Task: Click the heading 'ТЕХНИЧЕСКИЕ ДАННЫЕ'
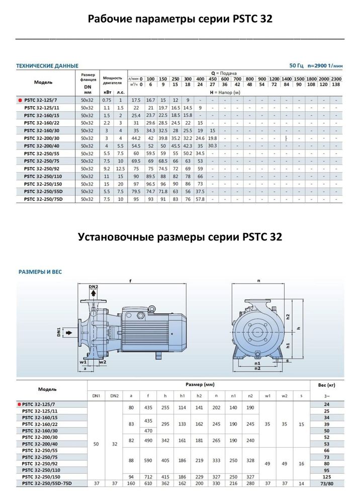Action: pos(47,66)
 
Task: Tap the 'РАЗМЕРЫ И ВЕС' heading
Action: pos(40,272)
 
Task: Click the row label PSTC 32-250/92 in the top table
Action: pos(44,169)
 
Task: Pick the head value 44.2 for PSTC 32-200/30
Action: pos(136,138)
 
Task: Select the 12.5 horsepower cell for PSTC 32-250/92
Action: pos(120,169)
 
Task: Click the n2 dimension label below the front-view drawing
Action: pos(258,368)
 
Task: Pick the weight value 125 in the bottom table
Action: pos(326,475)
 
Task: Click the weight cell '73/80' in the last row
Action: pos(326,483)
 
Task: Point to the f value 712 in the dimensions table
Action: pos(148,475)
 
